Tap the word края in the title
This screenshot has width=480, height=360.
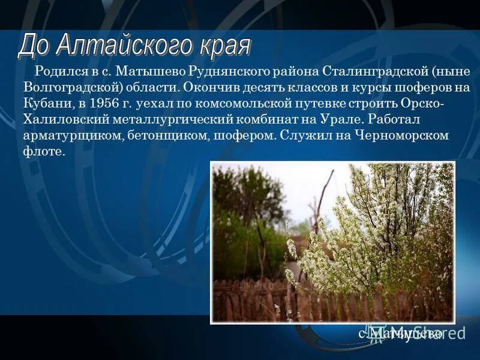point(224,46)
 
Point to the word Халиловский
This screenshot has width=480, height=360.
point(64,119)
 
